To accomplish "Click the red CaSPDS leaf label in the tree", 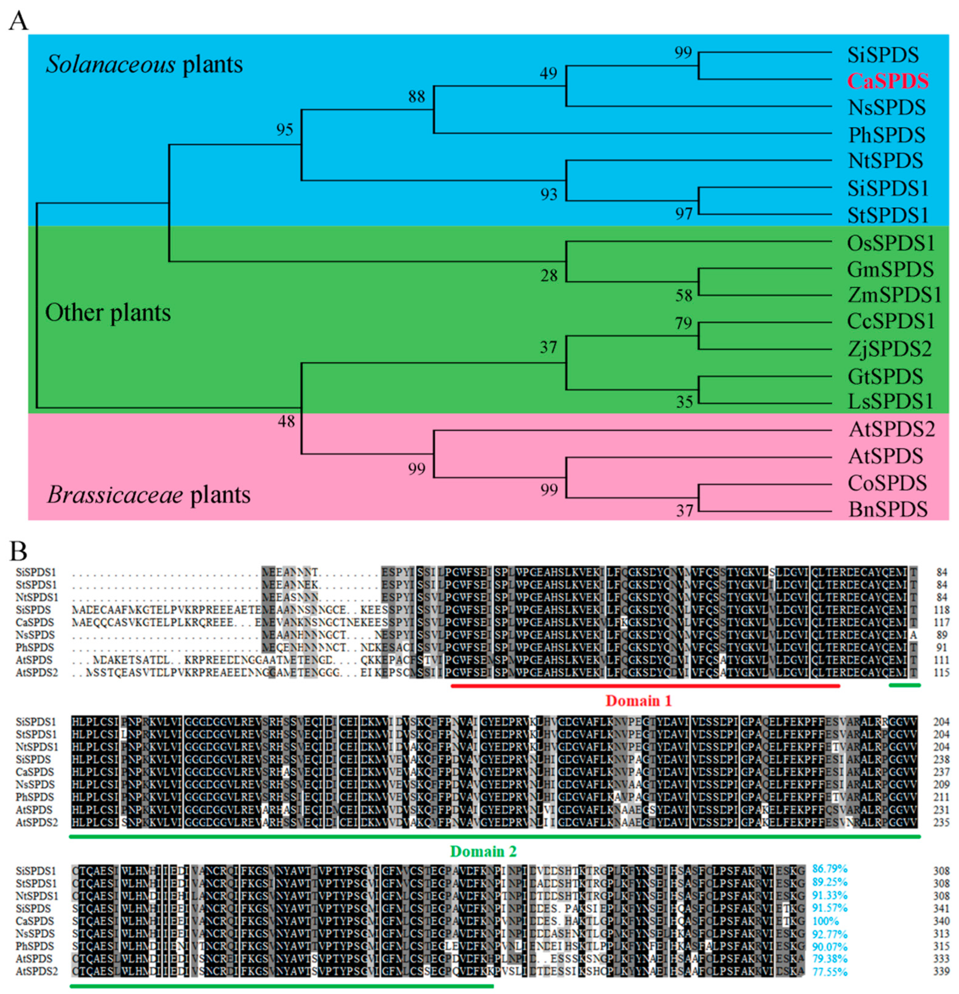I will (888, 81).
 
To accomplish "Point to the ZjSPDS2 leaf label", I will (889, 349).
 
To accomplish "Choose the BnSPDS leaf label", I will (888, 509).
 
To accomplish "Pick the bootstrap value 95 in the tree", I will (284, 130).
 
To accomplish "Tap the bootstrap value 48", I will (286, 421).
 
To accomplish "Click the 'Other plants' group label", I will (108, 313).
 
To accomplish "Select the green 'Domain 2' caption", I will (483, 851).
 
